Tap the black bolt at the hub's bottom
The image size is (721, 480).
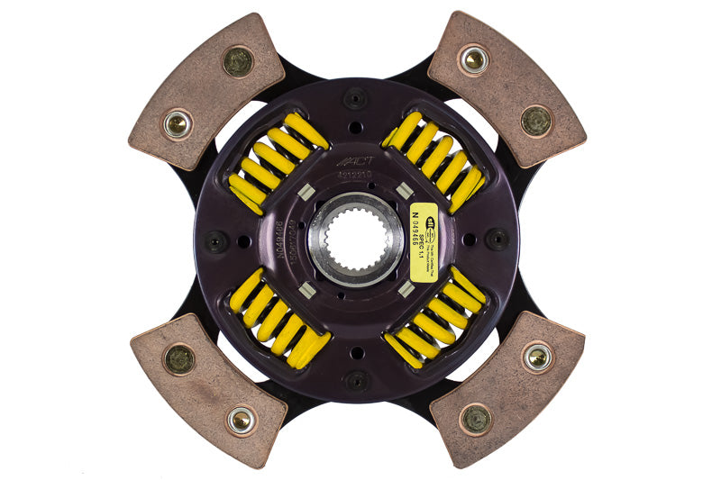click(x=357, y=379)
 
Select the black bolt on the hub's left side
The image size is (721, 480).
click(x=216, y=241)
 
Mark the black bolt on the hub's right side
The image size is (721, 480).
click(x=497, y=239)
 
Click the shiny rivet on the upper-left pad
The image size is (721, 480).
click(x=178, y=123)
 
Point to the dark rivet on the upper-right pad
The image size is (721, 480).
click(x=536, y=120)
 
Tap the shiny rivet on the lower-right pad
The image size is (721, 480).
click(x=539, y=357)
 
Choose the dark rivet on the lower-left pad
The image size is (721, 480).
click(x=178, y=359)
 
